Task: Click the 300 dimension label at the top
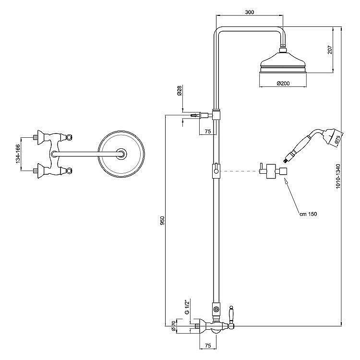[250, 12]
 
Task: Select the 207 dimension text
[330, 49]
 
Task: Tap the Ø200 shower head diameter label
[283, 84]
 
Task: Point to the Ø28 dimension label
[180, 90]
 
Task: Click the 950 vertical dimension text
[162, 221]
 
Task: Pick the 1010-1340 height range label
[338, 176]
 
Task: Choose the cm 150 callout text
[308, 214]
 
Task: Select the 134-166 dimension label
[18, 154]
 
